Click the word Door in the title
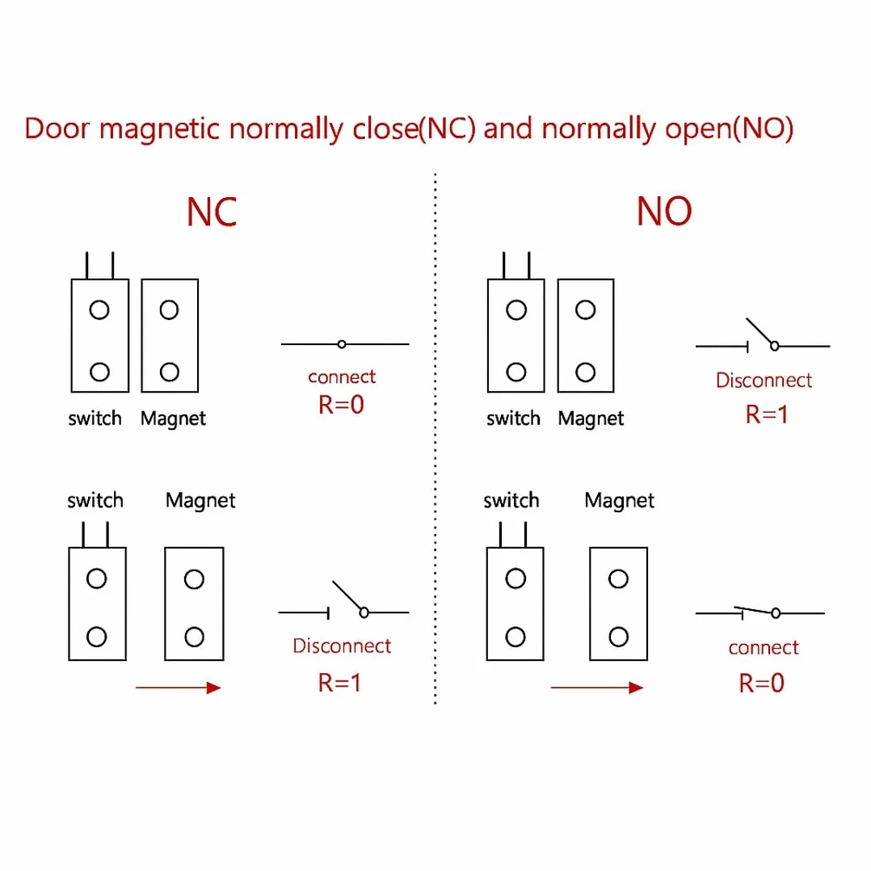57,128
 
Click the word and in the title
508,128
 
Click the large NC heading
212,212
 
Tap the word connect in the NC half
342,377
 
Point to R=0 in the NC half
341,404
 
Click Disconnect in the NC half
342,646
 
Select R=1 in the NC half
339,683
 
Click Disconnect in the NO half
764,380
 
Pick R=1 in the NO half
767,414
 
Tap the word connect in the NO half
764,648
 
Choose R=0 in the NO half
762,684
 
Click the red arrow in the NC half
179,688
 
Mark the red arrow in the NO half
596,688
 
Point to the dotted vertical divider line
435,439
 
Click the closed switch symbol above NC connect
345,344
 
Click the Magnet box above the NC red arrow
195,604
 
